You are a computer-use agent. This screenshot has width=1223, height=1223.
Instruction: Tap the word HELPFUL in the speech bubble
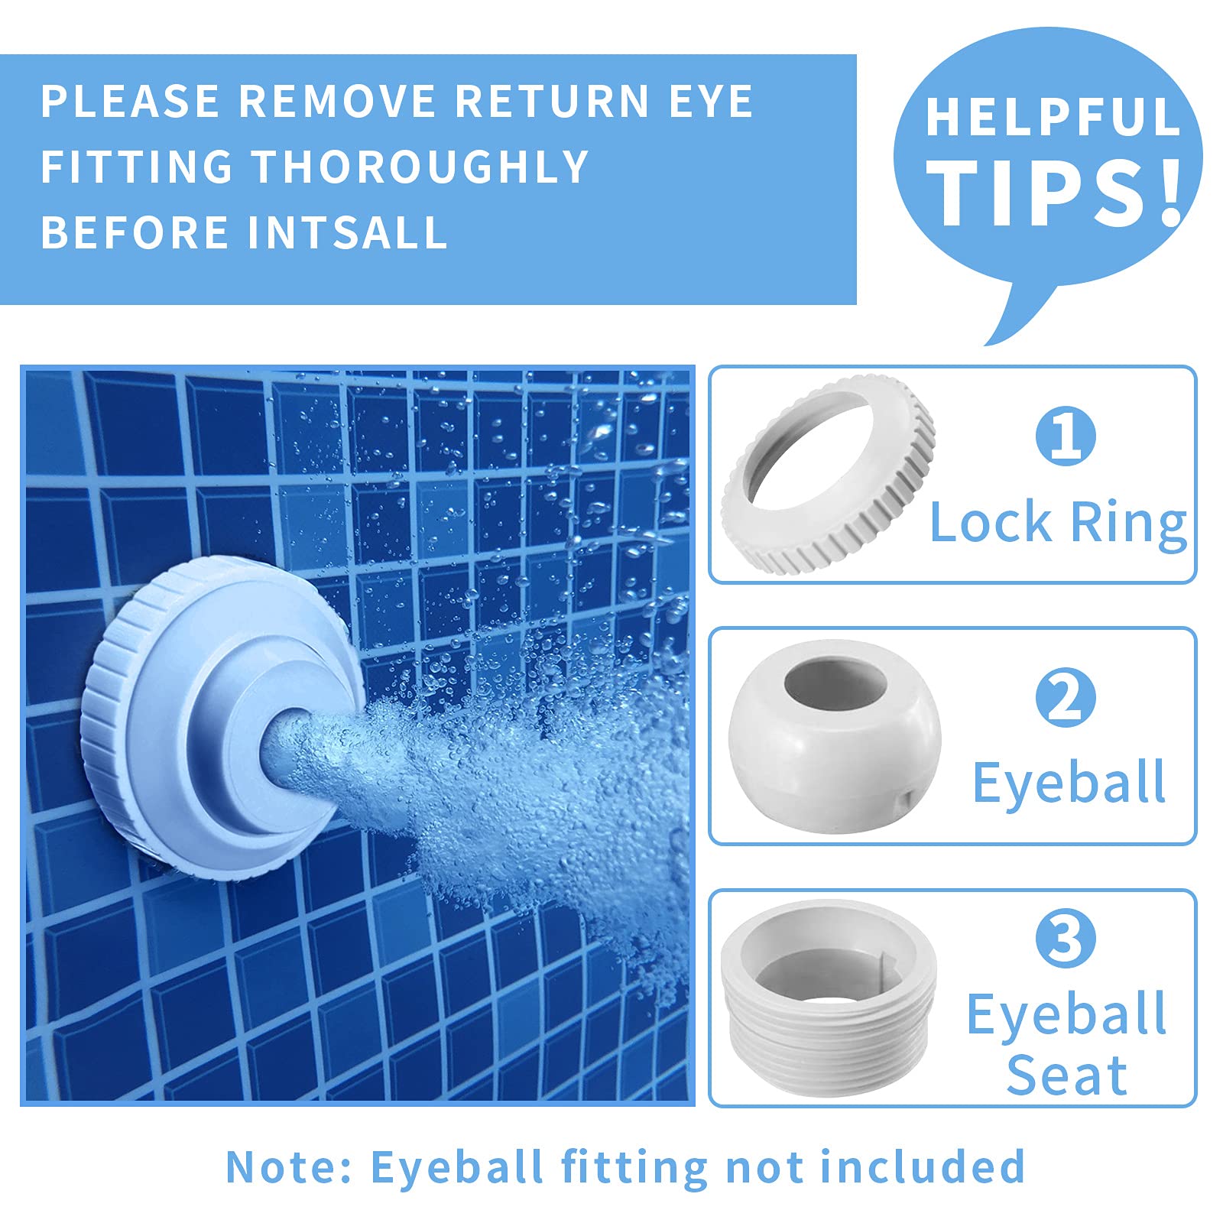coord(1053,116)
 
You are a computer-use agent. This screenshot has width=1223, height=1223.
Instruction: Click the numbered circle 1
coord(1066,435)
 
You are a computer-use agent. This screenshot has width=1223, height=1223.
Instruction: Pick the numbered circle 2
coord(1066,697)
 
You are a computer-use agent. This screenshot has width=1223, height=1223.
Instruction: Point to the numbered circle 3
coord(1066,938)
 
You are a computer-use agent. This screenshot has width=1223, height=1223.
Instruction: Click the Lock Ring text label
coord(1058,523)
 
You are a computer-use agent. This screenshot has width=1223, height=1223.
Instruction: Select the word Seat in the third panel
coord(1067,1075)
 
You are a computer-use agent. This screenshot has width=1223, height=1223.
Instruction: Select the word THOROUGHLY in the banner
coord(420,167)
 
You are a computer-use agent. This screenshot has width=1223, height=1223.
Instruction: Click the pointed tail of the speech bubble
coord(988,342)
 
